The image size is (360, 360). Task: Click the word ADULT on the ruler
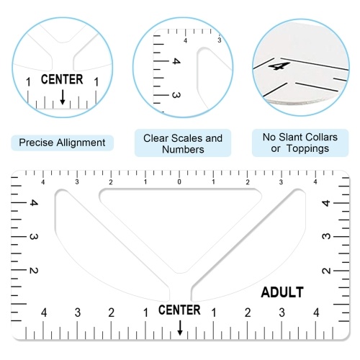click(x=282, y=292)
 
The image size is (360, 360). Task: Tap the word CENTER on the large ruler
click(x=179, y=310)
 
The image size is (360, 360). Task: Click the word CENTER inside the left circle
click(x=62, y=79)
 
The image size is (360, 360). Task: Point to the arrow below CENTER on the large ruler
click(x=180, y=328)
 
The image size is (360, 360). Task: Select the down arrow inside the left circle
click(x=63, y=97)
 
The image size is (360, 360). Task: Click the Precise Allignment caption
click(x=62, y=143)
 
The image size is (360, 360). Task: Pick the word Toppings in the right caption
click(x=307, y=149)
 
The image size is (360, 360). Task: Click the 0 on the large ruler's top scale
click(x=179, y=182)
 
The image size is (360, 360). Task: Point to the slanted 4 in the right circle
click(x=279, y=66)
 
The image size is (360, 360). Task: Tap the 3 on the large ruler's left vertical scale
click(x=34, y=237)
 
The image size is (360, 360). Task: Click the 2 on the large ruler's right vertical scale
click(x=326, y=271)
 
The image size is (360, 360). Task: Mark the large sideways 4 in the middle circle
click(x=176, y=61)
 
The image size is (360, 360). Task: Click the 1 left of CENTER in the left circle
click(x=28, y=82)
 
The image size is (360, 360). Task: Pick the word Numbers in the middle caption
click(x=183, y=150)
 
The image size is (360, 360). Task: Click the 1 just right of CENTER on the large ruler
click(x=214, y=312)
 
